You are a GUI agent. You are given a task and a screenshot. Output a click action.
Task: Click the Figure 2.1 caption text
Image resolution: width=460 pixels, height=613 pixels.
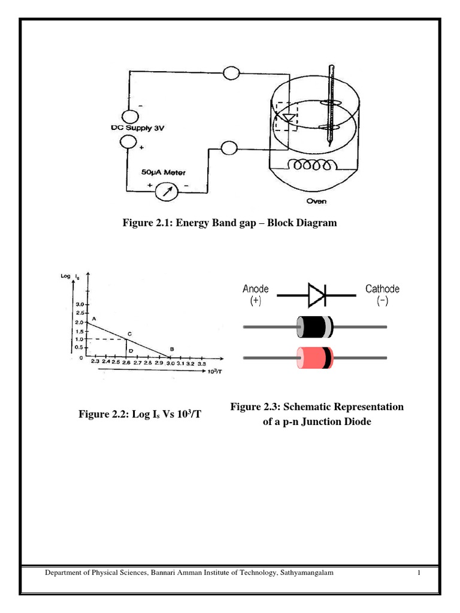229,223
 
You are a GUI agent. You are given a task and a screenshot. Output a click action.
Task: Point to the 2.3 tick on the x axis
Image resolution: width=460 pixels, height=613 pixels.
95,363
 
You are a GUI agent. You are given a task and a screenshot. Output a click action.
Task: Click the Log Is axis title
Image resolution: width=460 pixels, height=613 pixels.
70,276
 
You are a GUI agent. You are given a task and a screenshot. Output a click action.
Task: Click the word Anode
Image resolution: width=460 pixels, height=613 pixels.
256,289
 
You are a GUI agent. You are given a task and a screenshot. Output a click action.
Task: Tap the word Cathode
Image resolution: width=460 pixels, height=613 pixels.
382,289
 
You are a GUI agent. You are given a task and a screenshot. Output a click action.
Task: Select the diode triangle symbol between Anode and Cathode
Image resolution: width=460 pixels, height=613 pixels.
316,295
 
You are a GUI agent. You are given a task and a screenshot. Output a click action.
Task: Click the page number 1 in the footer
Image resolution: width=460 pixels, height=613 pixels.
419,573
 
